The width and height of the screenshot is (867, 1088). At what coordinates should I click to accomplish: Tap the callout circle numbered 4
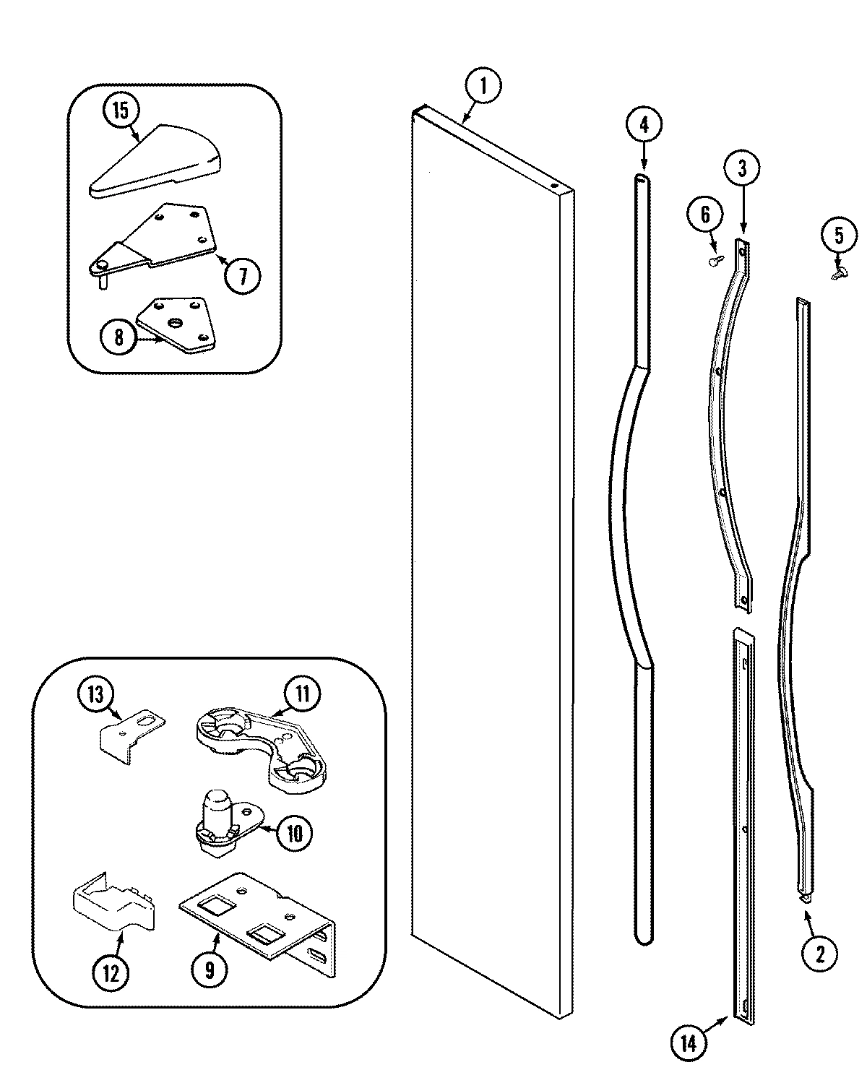tap(644, 124)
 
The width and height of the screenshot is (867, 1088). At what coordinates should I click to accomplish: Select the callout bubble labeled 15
tap(120, 111)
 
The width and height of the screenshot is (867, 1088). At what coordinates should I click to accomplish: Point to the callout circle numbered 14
tap(689, 1044)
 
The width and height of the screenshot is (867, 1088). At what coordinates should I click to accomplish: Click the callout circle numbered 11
tap(301, 694)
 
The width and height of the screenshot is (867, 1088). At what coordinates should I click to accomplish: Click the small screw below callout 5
tap(839, 273)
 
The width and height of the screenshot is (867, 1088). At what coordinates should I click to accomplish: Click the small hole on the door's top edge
tap(555, 186)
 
